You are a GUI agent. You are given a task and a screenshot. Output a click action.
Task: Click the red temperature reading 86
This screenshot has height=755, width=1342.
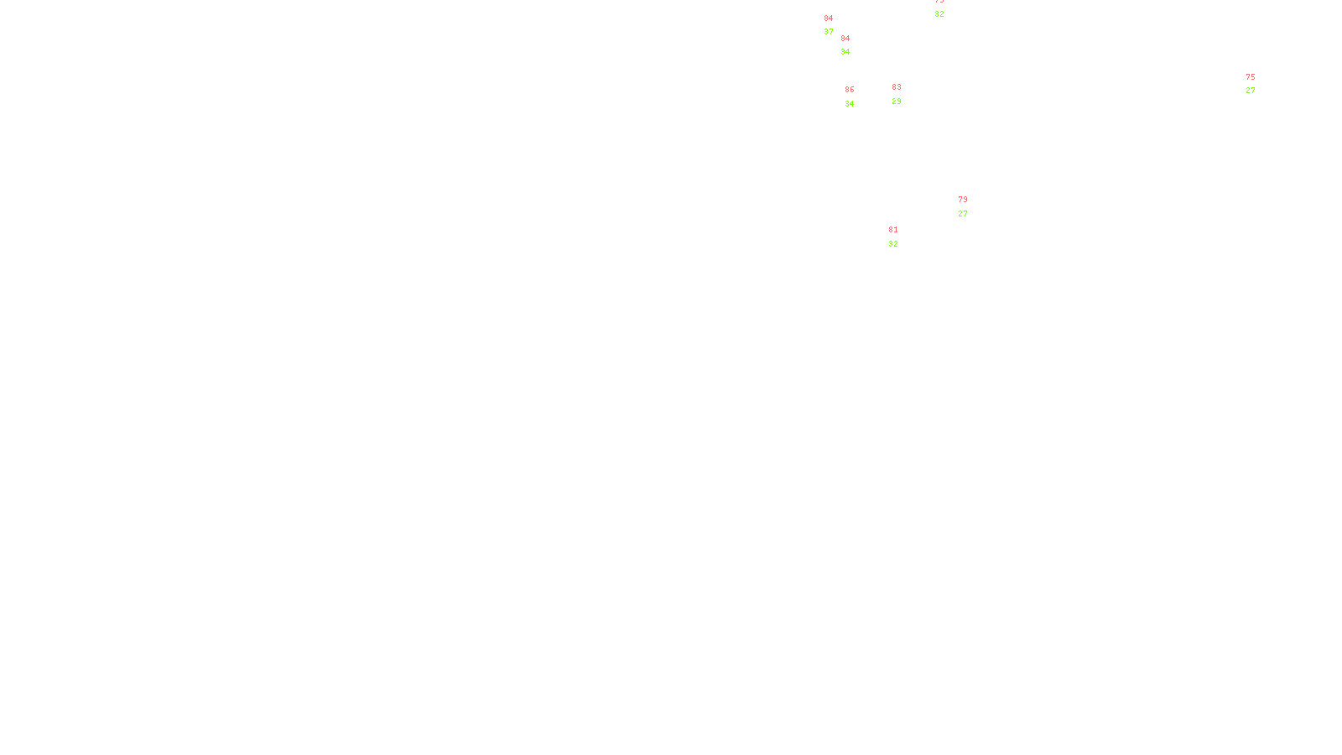tap(850, 90)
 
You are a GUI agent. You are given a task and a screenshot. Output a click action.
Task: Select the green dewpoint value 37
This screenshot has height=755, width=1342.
tap(829, 32)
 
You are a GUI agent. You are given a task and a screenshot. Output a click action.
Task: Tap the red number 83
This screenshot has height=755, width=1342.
tap(897, 87)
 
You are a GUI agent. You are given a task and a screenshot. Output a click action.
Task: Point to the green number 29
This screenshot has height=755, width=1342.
tap(897, 102)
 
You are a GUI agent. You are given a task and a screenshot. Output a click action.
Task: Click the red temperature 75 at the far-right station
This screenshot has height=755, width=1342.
tap(1251, 77)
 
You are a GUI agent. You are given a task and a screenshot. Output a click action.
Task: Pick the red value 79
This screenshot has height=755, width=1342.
tap(963, 200)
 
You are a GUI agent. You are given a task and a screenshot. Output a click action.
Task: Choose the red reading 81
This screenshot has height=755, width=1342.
tap(893, 230)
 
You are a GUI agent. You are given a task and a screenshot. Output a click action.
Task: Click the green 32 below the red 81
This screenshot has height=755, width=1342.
tap(893, 244)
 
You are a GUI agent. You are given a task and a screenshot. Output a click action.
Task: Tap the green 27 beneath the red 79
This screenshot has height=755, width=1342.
tap(963, 214)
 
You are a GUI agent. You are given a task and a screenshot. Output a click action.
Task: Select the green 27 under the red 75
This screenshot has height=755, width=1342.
tap(1251, 91)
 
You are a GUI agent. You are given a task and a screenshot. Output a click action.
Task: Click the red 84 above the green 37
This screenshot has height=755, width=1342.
tap(829, 18)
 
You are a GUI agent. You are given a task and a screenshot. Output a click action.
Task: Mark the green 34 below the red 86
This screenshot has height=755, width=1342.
tap(850, 104)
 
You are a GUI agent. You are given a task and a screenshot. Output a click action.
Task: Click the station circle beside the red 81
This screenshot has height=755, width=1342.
tap(902, 237)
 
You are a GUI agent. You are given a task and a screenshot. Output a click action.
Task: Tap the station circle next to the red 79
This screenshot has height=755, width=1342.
tap(971, 206)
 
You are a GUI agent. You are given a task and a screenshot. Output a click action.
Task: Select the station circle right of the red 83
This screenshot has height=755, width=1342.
tap(906, 94)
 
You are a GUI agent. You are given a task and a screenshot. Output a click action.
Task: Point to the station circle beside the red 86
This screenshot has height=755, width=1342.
tap(859, 97)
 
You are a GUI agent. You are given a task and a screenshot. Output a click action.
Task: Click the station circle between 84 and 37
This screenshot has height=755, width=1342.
tap(837, 25)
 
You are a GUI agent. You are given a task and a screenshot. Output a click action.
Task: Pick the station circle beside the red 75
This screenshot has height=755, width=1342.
tap(1259, 84)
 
